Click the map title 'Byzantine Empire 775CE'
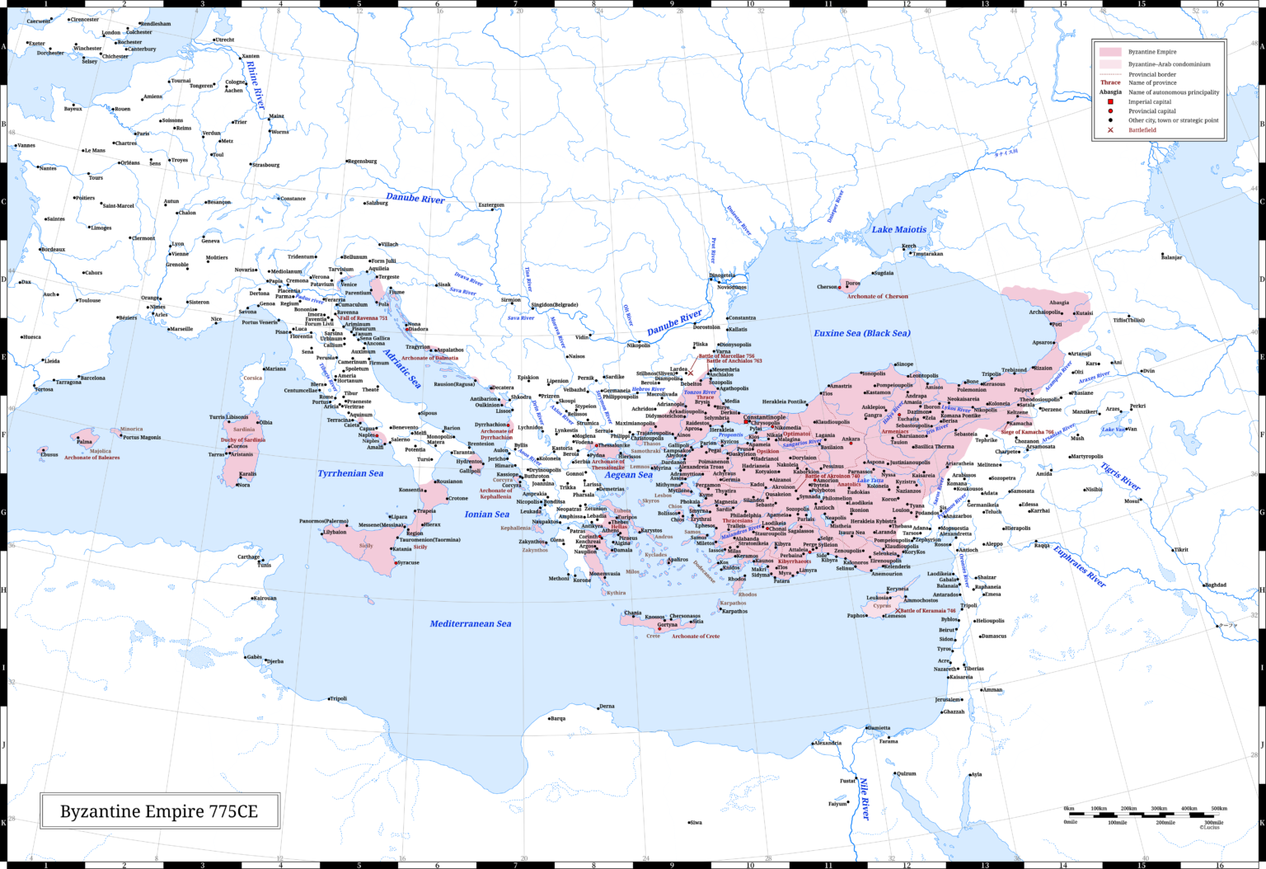tap(159, 811)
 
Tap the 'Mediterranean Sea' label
tap(470, 624)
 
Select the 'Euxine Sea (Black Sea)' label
tap(861, 333)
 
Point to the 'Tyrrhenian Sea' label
tap(350, 473)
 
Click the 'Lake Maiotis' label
tap(898, 229)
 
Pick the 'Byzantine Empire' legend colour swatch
tap(1109, 52)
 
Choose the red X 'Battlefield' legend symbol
tap(1110, 130)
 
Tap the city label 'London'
tap(111, 33)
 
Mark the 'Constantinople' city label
tap(764, 417)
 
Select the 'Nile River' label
tap(865, 797)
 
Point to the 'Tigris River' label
tap(1120, 477)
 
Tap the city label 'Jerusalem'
tap(948, 699)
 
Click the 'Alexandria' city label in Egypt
tap(828, 743)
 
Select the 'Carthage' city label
tap(249, 557)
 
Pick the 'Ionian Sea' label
tap(486, 514)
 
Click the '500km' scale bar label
tap(1218, 808)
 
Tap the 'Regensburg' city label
tap(361, 161)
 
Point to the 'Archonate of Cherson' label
tap(878, 296)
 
